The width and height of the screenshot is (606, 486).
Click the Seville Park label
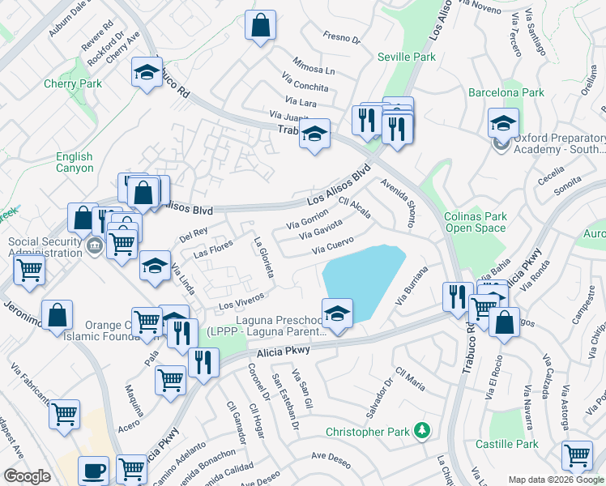(406, 57)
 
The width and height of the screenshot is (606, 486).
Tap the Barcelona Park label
(506, 93)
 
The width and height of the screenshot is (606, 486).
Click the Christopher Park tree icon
(420, 430)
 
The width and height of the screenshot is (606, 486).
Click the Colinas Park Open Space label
(475, 222)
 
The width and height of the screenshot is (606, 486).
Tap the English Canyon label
(75, 163)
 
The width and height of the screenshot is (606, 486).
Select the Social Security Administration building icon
(95, 246)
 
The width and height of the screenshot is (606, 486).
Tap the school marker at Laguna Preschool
(337, 313)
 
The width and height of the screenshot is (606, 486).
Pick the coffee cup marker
(93, 471)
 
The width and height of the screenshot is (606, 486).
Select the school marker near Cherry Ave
(147, 72)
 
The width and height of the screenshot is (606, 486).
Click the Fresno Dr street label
(340, 38)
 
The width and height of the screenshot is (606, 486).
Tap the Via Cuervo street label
(334, 244)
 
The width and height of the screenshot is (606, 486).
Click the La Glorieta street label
(263, 258)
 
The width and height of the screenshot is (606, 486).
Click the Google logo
(28, 477)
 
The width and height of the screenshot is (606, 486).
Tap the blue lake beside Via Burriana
(361, 279)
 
